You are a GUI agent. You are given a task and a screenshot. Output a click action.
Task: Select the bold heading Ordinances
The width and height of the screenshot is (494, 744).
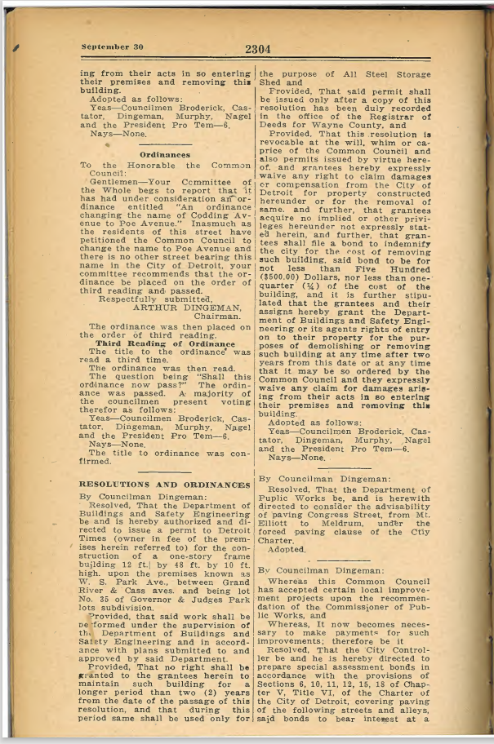click(165, 153)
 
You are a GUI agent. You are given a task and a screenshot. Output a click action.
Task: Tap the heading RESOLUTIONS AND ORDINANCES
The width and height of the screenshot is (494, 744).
click(165, 485)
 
